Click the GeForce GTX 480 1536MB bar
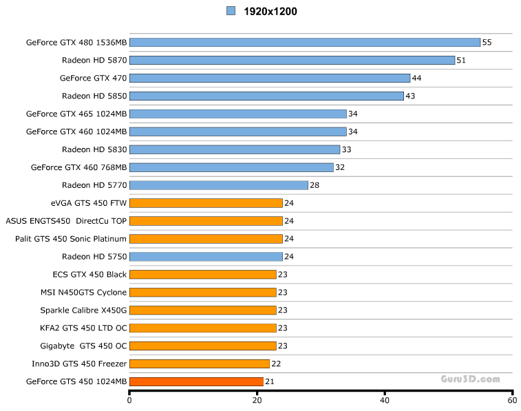click(304, 42)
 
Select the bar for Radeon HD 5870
click(292, 60)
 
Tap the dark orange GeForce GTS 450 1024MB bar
click(196, 381)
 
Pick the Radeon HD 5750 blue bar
click(206, 257)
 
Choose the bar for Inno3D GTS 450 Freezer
click(199, 363)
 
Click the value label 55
click(487, 43)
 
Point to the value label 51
click(461, 61)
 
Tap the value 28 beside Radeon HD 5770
click(315, 185)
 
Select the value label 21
click(270, 382)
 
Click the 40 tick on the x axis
click(385, 399)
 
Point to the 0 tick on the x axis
click(129, 399)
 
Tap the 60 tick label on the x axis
click(511, 399)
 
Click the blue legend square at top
click(231, 11)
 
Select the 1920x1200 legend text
click(270, 11)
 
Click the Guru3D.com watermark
click(470, 379)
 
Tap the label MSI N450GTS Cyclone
click(83, 293)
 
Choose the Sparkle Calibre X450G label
click(83, 310)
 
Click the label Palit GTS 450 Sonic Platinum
click(71, 239)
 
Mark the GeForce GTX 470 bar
click(270, 78)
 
